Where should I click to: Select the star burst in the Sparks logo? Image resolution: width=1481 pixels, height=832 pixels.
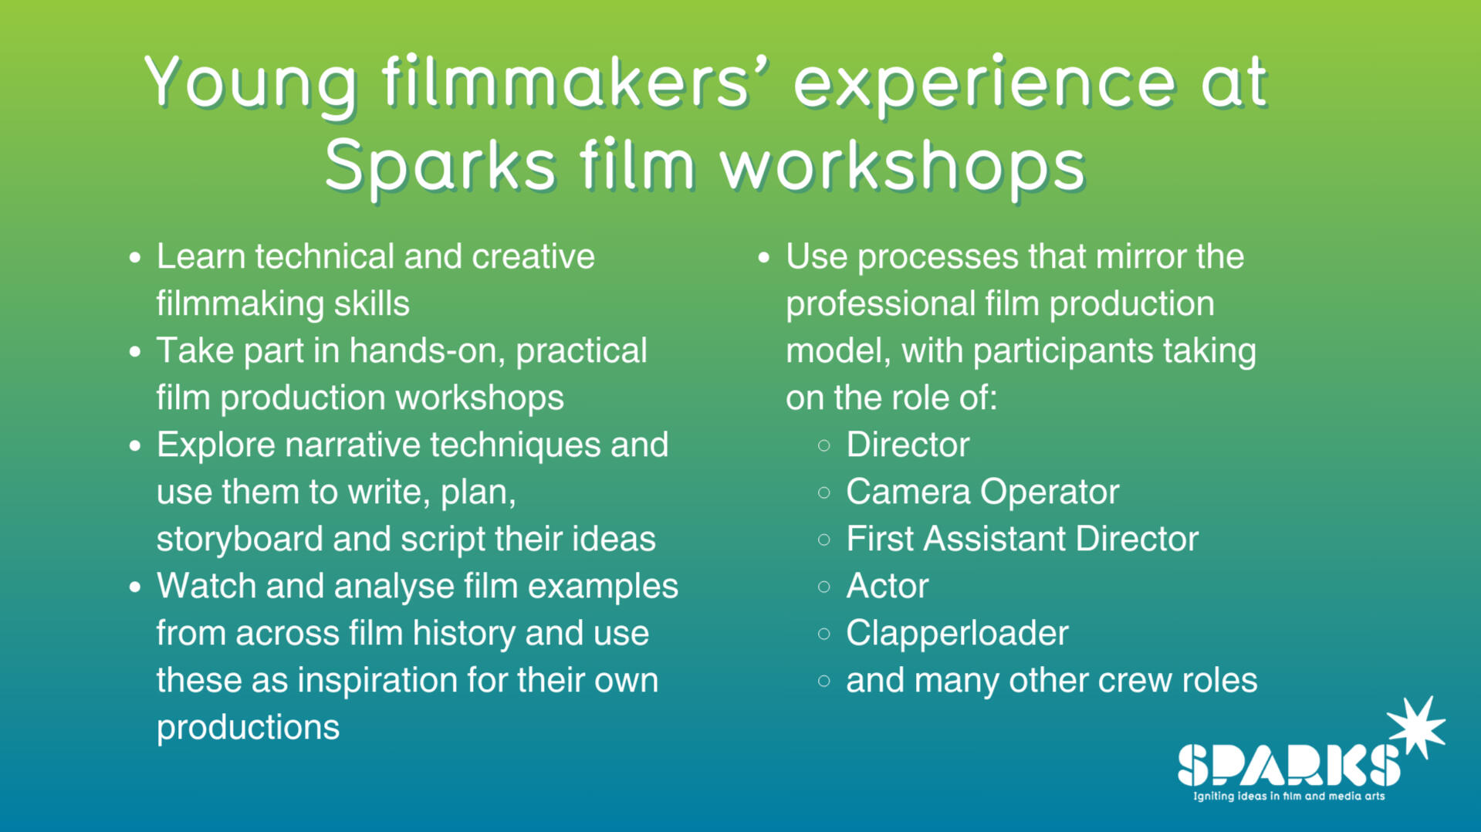coord(1416,727)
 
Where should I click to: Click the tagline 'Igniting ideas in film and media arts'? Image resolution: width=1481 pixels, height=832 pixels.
coord(1289,796)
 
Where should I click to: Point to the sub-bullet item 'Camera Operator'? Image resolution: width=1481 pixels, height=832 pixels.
coord(982,492)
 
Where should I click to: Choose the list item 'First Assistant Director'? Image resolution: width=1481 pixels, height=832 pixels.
coord(1022,539)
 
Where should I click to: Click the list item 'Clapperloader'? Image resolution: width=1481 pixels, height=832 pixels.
coord(957,634)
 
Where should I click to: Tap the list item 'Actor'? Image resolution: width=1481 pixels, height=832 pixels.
coord(888,587)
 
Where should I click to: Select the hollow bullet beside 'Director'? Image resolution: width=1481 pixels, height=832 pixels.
coord(824,445)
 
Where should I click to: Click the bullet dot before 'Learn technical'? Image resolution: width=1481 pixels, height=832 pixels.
coord(135,258)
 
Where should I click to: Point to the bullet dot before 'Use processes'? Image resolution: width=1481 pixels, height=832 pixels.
coord(764,258)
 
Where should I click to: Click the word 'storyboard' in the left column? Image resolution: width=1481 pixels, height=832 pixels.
coord(239,539)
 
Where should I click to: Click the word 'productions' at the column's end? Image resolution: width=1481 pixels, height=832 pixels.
coord(248,728)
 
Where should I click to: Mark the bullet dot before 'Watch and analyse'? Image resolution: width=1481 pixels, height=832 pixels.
coord(135,587)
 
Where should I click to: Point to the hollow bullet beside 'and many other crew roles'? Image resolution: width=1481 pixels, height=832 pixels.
coord(824,681)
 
